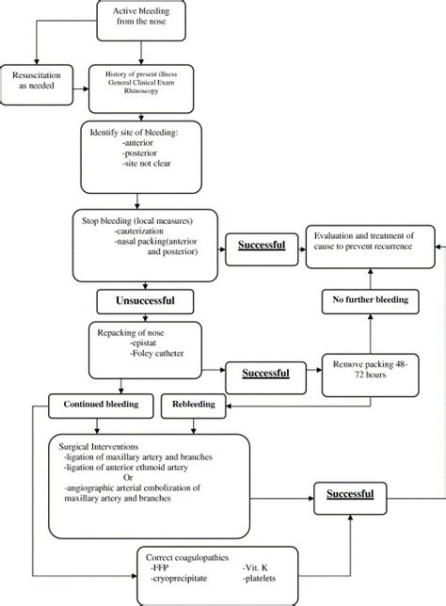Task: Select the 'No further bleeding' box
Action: tap(371, 300)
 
